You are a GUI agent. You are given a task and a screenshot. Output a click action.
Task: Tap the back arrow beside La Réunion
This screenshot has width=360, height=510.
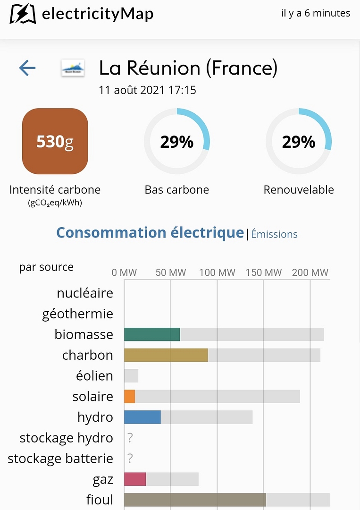[27, 68]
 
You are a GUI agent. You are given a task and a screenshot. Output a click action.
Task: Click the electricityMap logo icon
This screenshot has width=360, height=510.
[23, 14]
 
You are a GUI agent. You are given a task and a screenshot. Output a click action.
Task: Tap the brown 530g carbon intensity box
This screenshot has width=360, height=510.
[55, 141]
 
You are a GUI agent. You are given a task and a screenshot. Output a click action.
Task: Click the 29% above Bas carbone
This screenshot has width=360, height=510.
[176, 142]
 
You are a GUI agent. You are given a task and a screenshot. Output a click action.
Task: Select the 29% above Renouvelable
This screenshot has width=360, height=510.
[298, 142]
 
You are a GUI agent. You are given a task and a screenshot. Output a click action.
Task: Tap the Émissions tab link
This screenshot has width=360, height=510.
[274, 234]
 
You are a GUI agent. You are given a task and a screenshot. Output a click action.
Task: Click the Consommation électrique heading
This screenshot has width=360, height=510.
[150, 233]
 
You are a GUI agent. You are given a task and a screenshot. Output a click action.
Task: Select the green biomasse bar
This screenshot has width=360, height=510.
[152, 334]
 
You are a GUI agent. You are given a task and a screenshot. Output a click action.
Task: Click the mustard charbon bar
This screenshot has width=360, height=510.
[166, 355]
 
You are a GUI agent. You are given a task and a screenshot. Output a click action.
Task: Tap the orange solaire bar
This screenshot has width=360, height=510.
[130, 396]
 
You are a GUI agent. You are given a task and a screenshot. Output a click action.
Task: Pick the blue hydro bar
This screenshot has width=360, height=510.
[142, 417]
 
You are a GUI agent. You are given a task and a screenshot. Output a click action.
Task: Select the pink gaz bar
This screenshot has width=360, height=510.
[135, 479]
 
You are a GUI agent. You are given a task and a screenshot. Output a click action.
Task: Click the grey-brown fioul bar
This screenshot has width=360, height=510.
[195, 500]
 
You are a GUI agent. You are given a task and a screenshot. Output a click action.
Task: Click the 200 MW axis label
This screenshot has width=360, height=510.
[310, 272]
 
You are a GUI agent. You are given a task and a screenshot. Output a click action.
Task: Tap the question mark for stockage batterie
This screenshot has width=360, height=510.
[130, 459]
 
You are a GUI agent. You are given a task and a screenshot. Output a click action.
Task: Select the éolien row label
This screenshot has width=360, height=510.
[94, 376]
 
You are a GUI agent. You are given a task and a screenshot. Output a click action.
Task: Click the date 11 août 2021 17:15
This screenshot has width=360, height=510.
[147, 90]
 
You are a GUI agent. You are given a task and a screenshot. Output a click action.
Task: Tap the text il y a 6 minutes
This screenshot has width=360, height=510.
[316, 13]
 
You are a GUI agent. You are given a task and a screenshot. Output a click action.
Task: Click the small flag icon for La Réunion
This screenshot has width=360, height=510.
[73, 69]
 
